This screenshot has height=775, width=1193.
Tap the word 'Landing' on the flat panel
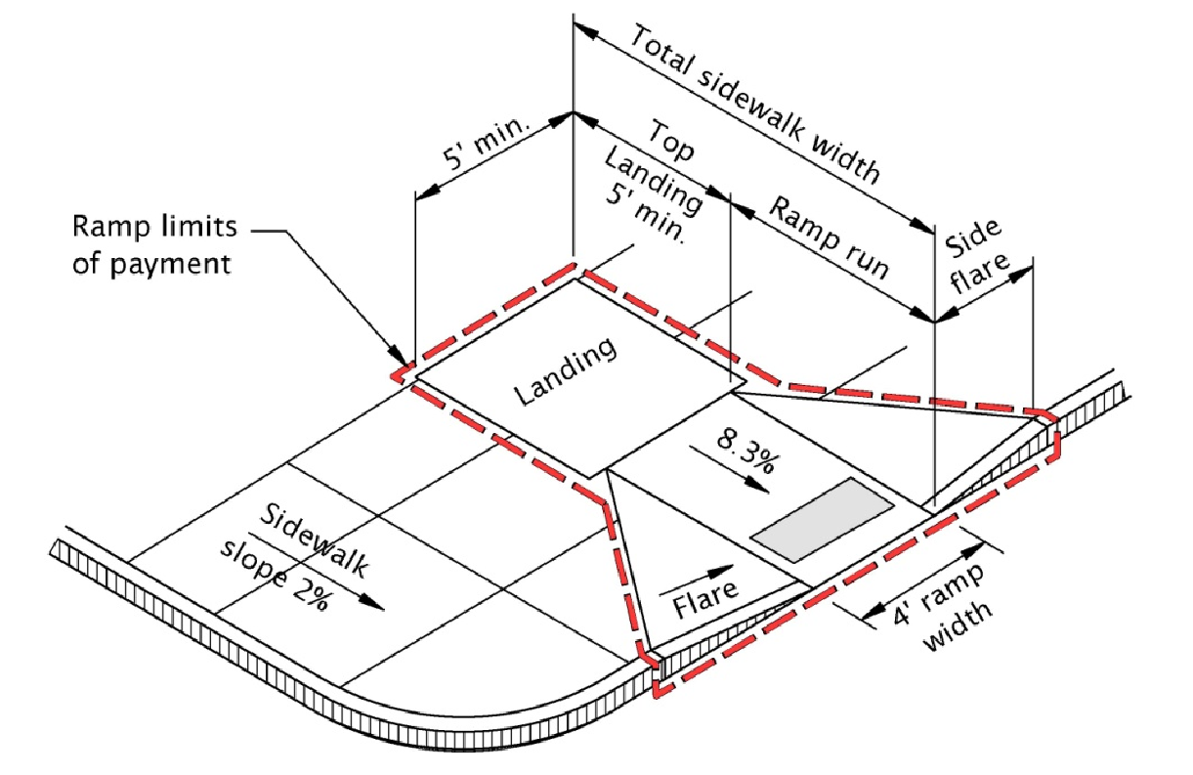pos(568,371)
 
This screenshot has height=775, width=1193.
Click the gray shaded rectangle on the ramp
pos(822,520)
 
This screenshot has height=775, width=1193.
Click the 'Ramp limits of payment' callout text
pos(154,244)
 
